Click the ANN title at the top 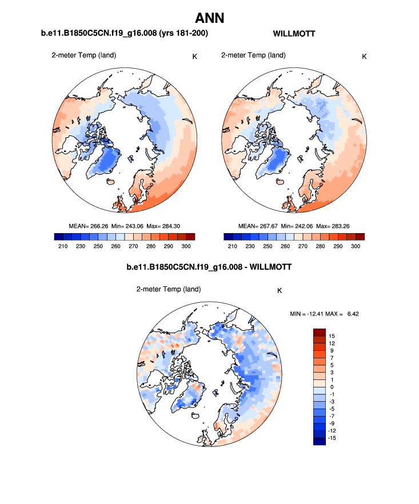(209, 18)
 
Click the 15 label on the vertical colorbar (332, 335)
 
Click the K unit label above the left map (195, 56)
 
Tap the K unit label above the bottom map (280, 290)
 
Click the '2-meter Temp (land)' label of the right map (253, 55)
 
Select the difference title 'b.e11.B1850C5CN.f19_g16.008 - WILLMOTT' (209, 267)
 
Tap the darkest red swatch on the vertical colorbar (320, 332)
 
